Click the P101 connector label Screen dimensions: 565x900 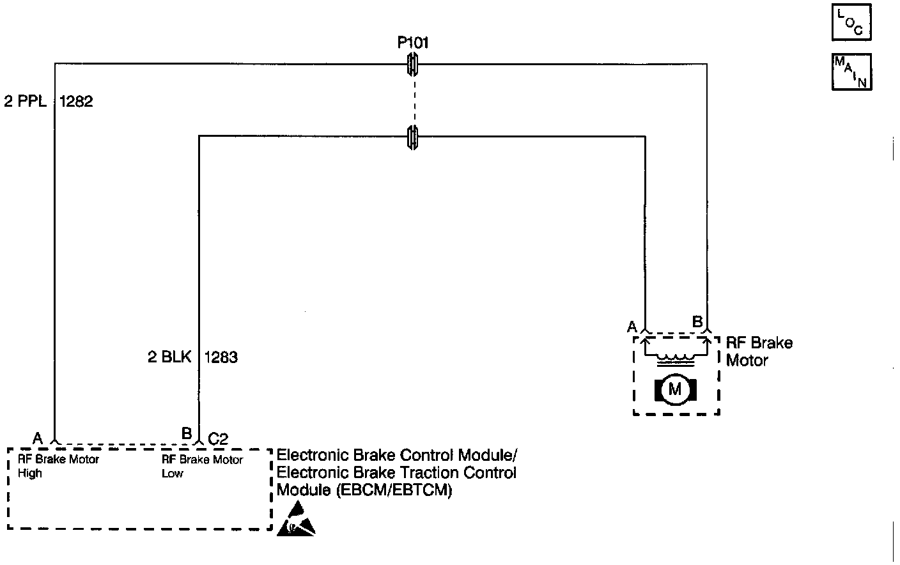(x=413, y=43)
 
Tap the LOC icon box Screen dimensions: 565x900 (x=851, y=23)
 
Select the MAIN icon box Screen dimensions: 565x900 (x=851, y=72)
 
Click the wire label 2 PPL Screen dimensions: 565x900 (x=26, y=102)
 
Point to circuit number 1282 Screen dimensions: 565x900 (x=76, y=102)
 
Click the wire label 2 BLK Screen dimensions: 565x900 (x=169, y=357)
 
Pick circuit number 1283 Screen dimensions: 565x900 (x=221, y=357)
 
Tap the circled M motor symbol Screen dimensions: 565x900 (x=675, y=389)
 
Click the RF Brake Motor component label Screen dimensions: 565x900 (x=759, y=352)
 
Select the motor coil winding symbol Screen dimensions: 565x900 (x=675, y=358)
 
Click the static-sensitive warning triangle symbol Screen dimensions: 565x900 (x=296, y=518)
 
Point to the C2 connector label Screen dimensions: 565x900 (x=218, y=438)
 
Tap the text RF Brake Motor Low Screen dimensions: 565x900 (x=202, y=466)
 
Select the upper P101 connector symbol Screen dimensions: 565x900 (x=413, y=63)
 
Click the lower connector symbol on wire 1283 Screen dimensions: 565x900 (x=413, y=136)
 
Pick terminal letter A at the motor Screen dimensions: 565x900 (x=632, y=327)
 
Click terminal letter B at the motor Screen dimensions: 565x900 (x=698, y=321)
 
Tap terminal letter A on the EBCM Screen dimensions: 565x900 (x=38, y=438)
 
